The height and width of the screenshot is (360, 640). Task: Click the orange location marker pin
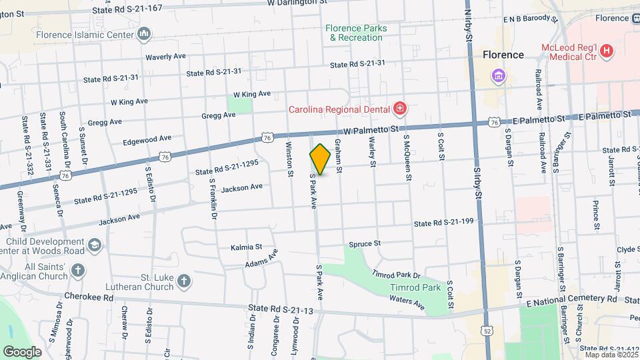321,159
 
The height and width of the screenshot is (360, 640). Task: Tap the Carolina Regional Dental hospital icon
400,108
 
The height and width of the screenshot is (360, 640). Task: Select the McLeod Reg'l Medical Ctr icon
606,51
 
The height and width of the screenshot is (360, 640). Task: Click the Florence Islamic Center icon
144,34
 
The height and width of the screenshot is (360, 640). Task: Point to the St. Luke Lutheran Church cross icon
185,283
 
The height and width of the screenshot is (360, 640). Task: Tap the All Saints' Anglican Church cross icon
78,271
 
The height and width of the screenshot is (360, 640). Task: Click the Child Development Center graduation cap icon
95,246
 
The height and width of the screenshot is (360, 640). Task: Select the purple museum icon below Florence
498,75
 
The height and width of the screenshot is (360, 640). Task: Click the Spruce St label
363,244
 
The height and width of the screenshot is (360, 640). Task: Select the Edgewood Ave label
147,139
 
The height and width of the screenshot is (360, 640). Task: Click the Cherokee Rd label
89,296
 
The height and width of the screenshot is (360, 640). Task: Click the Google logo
23,351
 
